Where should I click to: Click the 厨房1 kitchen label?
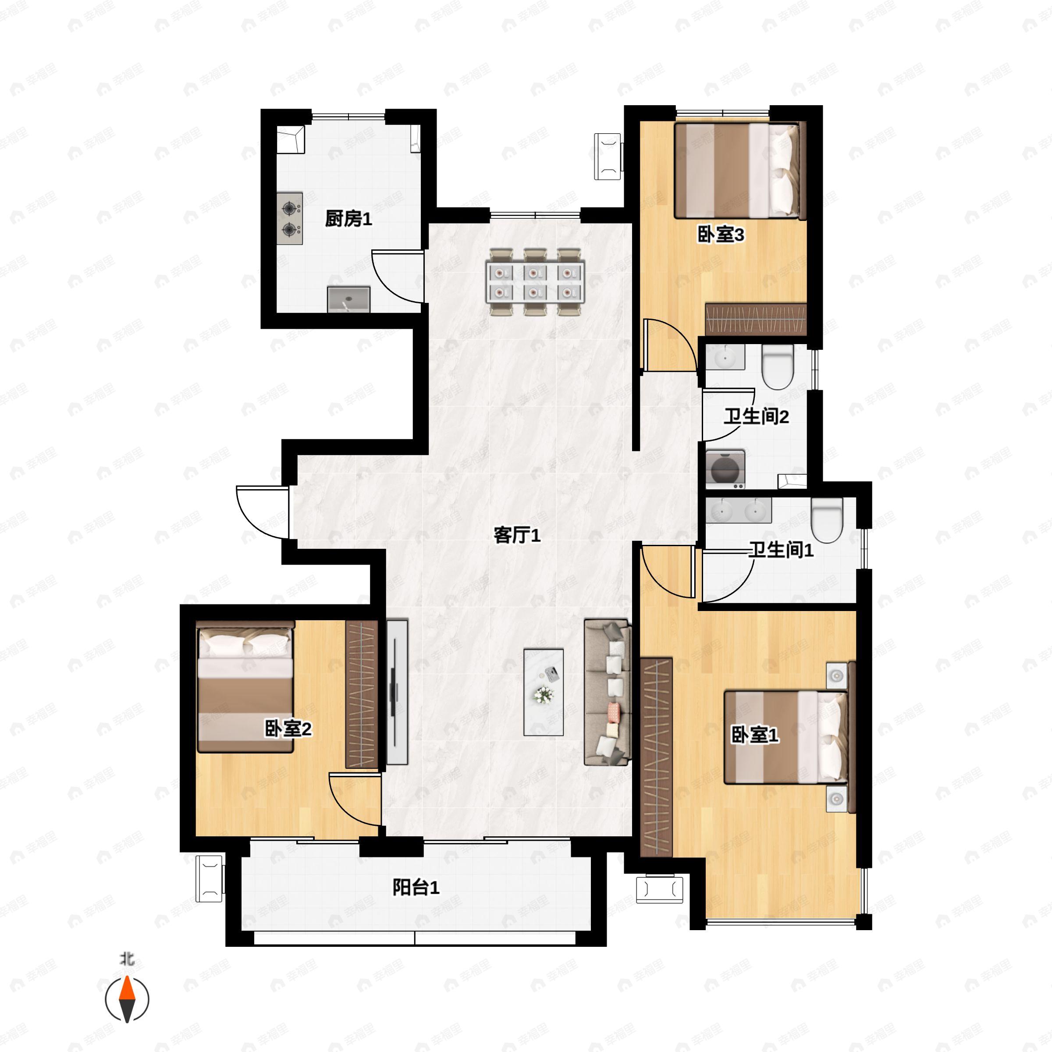[348, 220]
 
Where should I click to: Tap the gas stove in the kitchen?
[290, 218]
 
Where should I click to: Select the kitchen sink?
[348, 299]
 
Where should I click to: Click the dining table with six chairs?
[535, 281]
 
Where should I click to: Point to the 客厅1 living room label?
[517, 536]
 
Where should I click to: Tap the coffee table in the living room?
[543, 692]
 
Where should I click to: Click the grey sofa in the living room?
[608, 692]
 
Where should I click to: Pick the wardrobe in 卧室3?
[755, 319]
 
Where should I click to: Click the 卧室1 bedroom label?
[755, 736]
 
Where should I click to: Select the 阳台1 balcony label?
[416, 888]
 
